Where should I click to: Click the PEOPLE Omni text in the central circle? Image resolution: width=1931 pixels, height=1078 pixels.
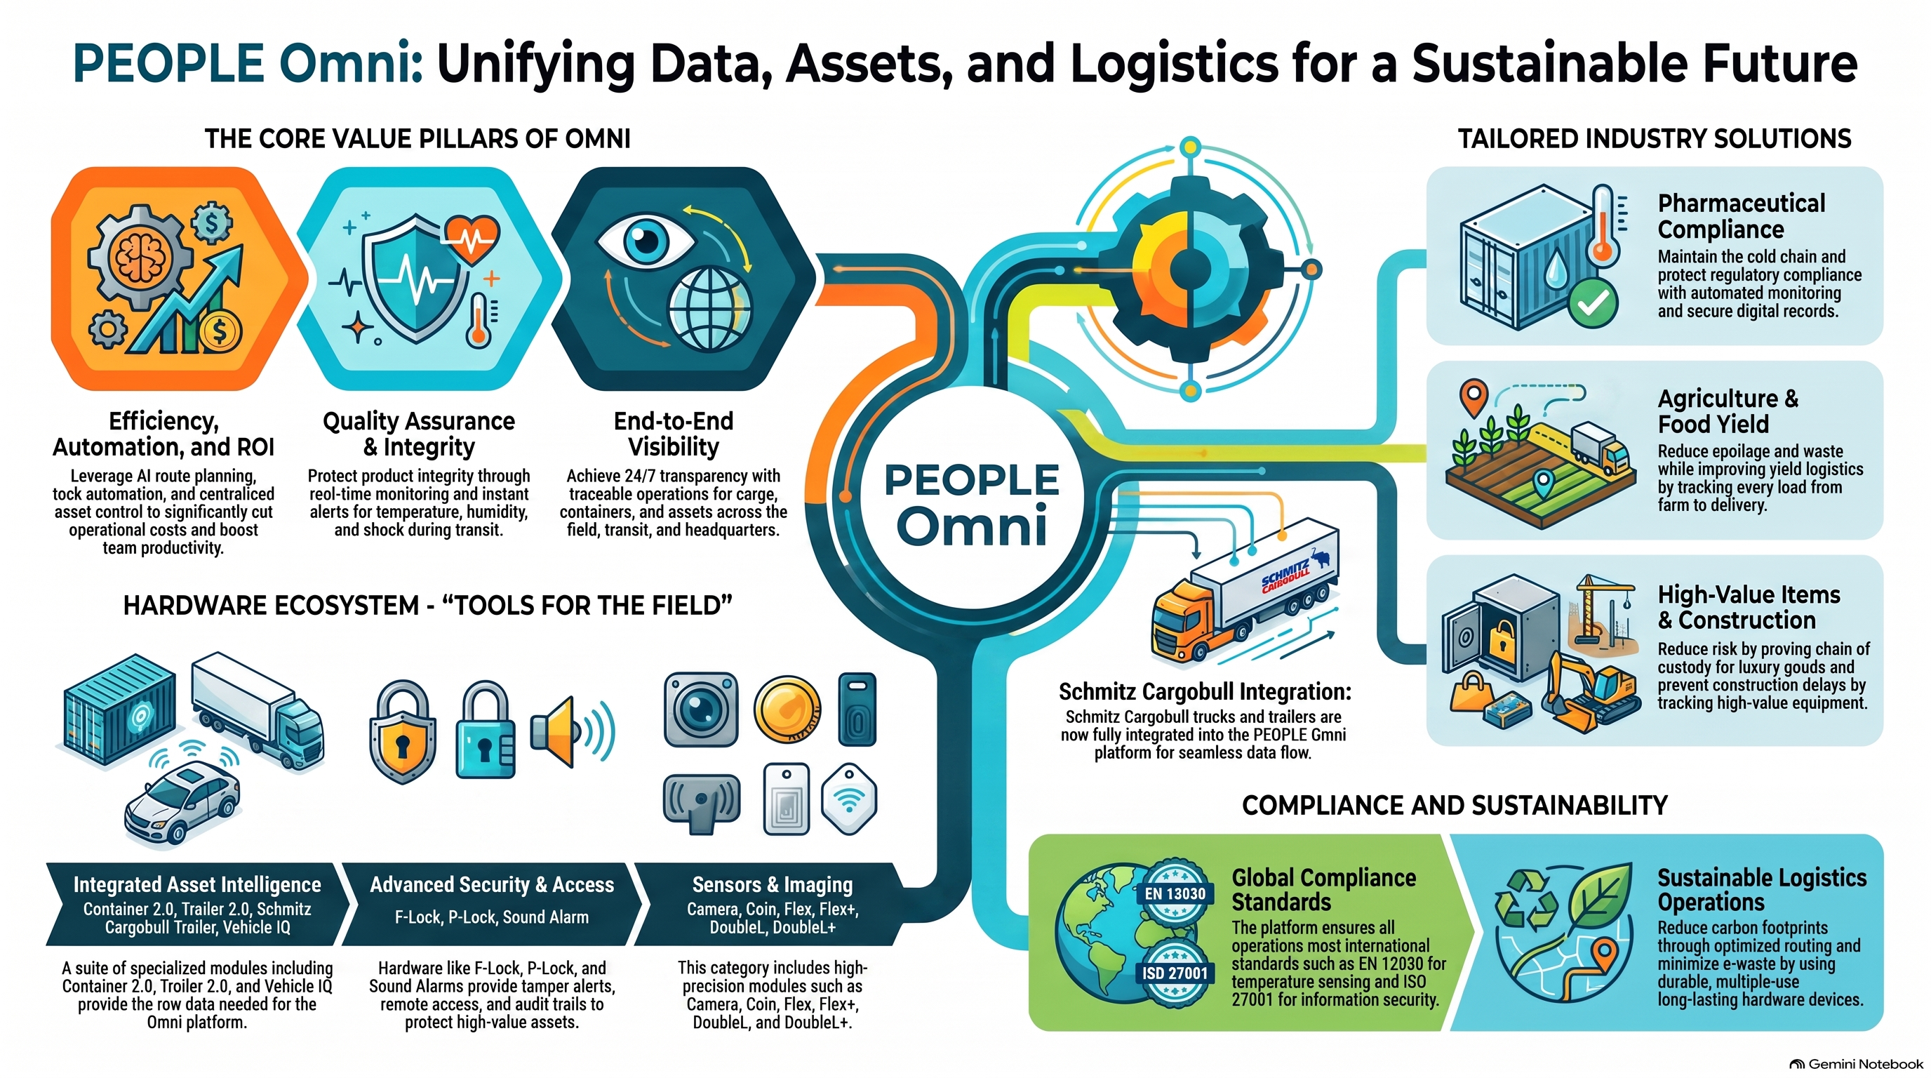point(973,505)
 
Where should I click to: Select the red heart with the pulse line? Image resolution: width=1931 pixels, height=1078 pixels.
point(472,239)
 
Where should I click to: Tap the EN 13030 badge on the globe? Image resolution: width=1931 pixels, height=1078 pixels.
point(1175,893)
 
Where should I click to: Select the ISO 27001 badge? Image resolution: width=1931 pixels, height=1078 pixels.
point(1175,972)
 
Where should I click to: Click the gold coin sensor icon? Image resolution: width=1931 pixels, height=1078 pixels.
point(787,709)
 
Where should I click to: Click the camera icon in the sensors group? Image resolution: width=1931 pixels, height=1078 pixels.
point(701,709)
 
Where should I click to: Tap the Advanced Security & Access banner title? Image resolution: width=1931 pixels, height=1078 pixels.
point(492,884)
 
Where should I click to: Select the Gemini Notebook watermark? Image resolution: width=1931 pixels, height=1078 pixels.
point(1855,1064)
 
